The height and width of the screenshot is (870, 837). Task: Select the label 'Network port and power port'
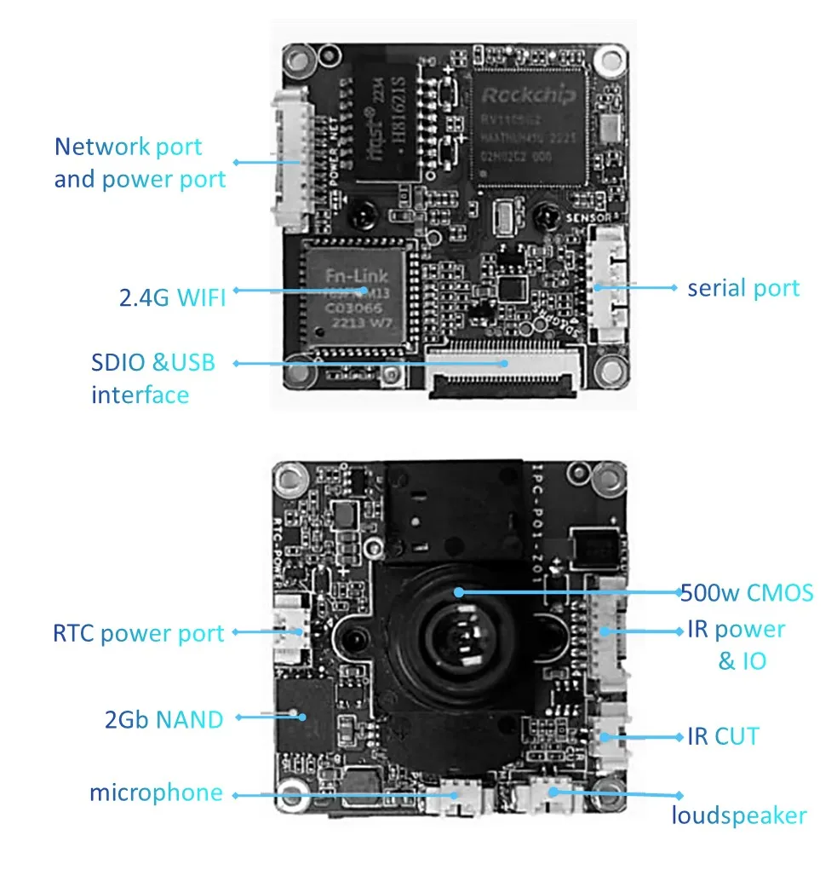point(140,163)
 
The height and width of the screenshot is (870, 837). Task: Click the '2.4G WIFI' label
point(172,297)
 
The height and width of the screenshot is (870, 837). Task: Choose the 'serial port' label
point(743,288)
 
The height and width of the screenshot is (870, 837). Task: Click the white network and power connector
point(289,162)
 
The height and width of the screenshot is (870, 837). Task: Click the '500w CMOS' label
point(747,592)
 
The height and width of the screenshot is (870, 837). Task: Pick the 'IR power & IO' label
point(737,645)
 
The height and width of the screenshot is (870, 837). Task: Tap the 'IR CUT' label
point(723,735)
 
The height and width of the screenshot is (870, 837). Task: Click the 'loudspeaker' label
point(738,815)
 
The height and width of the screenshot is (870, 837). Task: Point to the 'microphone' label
point(156,793)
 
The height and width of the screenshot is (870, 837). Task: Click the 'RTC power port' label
point(138,633)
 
